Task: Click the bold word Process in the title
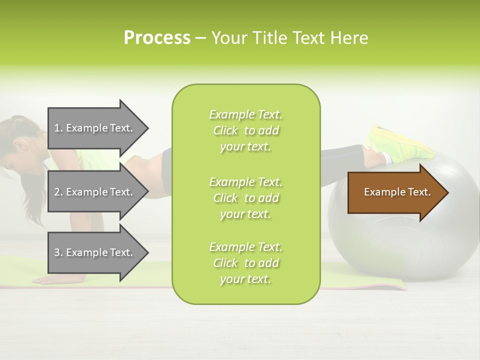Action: (x=157, y=38)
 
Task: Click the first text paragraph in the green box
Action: (x=245, y=130)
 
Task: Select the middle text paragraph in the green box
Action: (x=245, y=197)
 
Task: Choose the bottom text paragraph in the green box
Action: (x=245, y=263)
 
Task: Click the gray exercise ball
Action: (x=400, y=240)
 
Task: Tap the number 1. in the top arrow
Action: (x=58, y=128)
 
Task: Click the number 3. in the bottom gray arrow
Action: (x=58, y=252)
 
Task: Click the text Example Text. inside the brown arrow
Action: (x=397, y=192)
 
